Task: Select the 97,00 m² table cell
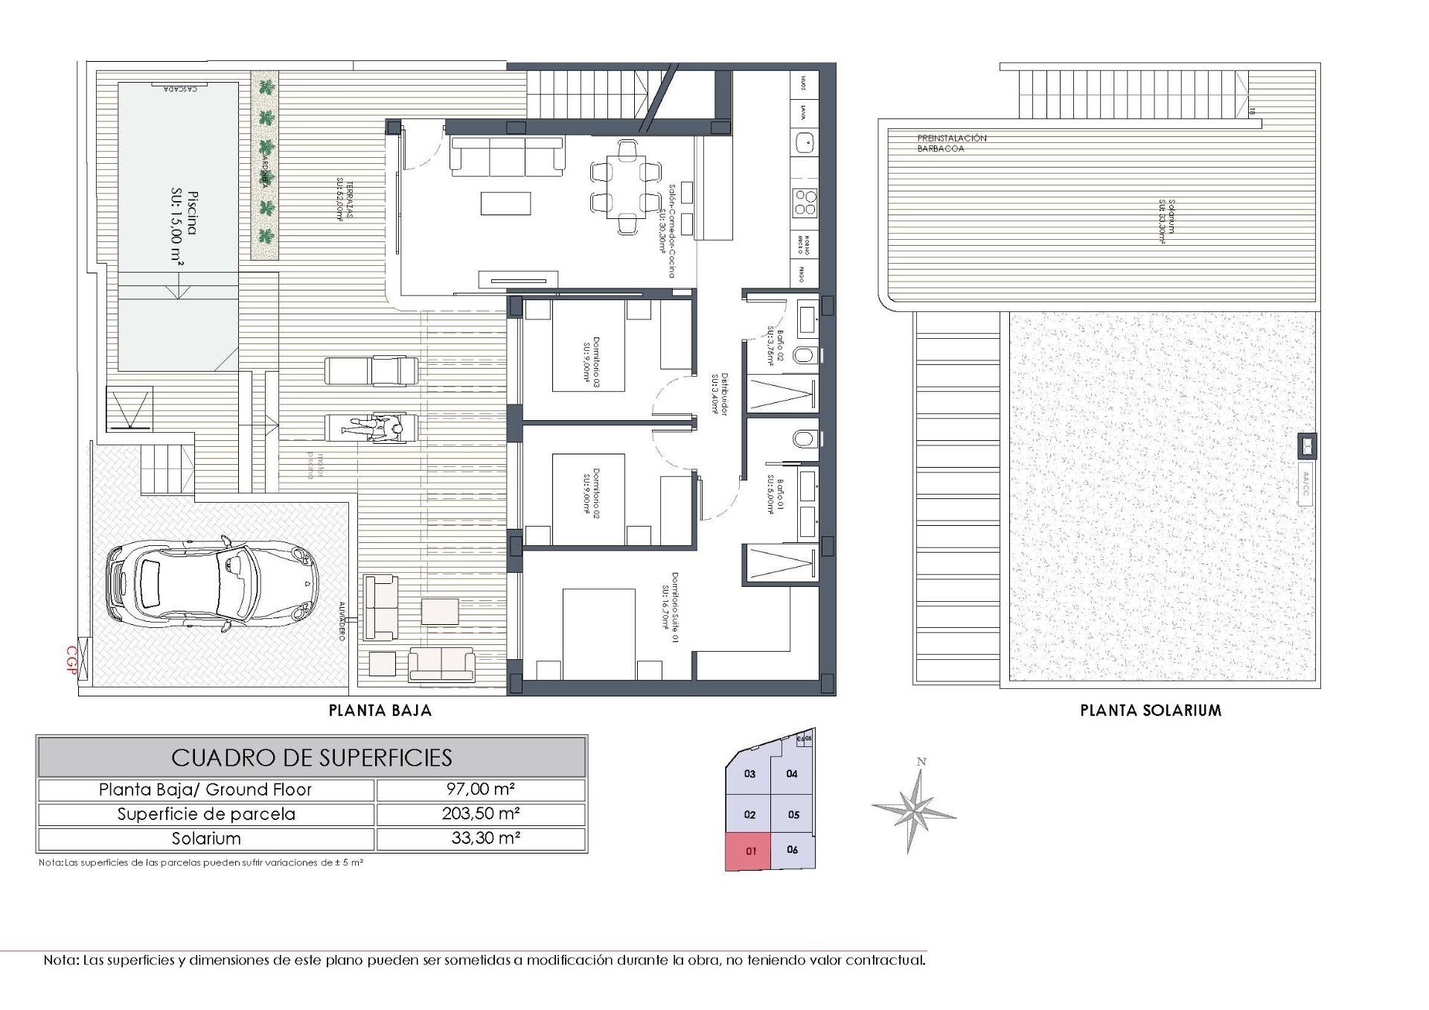[481, 790]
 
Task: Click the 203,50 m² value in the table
[481, 813]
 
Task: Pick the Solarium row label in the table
[206, 838]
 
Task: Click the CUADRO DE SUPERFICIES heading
[311, 757]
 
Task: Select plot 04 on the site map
[791, 774]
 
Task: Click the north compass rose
[915, 807]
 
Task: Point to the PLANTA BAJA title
[380, 711]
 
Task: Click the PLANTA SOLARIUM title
[1151, 711]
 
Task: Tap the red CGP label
[72, 660]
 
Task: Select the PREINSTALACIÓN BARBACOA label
[951, 144]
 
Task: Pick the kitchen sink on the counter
[805, 141]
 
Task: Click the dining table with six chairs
[625, 187]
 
